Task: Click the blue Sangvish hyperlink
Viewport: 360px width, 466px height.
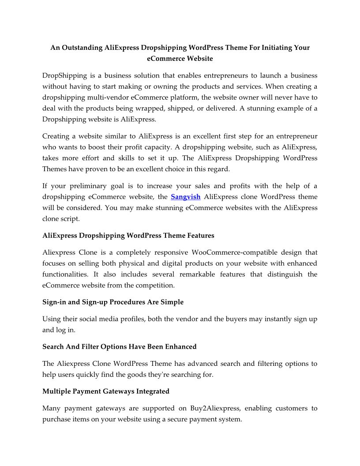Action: (x=185, y=197)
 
